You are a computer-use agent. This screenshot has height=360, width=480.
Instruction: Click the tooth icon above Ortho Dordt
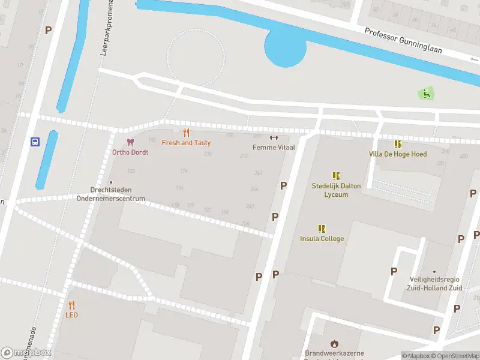click(x=130, y=142)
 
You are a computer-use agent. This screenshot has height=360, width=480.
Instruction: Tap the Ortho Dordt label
click(x=130, y=152)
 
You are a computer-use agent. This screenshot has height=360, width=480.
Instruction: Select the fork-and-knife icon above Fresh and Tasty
click(x=186, y=133)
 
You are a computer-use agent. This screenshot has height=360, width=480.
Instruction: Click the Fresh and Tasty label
click(x=186, y=143)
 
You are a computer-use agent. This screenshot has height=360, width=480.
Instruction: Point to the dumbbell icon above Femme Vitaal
click(x=274, y=137)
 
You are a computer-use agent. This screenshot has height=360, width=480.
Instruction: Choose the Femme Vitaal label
click(x=274, y=147)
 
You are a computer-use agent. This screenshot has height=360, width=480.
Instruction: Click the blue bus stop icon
click(x=35, y=142)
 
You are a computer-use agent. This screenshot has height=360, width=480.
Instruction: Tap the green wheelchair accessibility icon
click(x=425, y=93)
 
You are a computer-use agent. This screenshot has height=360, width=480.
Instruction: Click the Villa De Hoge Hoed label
click(x=398, y=154)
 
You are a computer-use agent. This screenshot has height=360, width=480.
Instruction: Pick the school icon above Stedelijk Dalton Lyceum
click(x=336, y=176)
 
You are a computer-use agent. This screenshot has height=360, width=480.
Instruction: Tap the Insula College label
click(x=322, y=239)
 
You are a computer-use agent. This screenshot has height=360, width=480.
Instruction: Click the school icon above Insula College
click(x=322, y=229)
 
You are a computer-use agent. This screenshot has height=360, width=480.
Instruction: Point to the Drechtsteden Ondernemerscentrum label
click(x=110, y=194)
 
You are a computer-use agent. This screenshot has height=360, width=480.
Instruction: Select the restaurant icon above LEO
click(x=71, y=305)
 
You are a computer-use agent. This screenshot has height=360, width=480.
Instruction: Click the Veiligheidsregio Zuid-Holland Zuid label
click(x=435, y=284)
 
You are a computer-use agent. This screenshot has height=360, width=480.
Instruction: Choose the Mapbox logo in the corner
click(x=26, y=353)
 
